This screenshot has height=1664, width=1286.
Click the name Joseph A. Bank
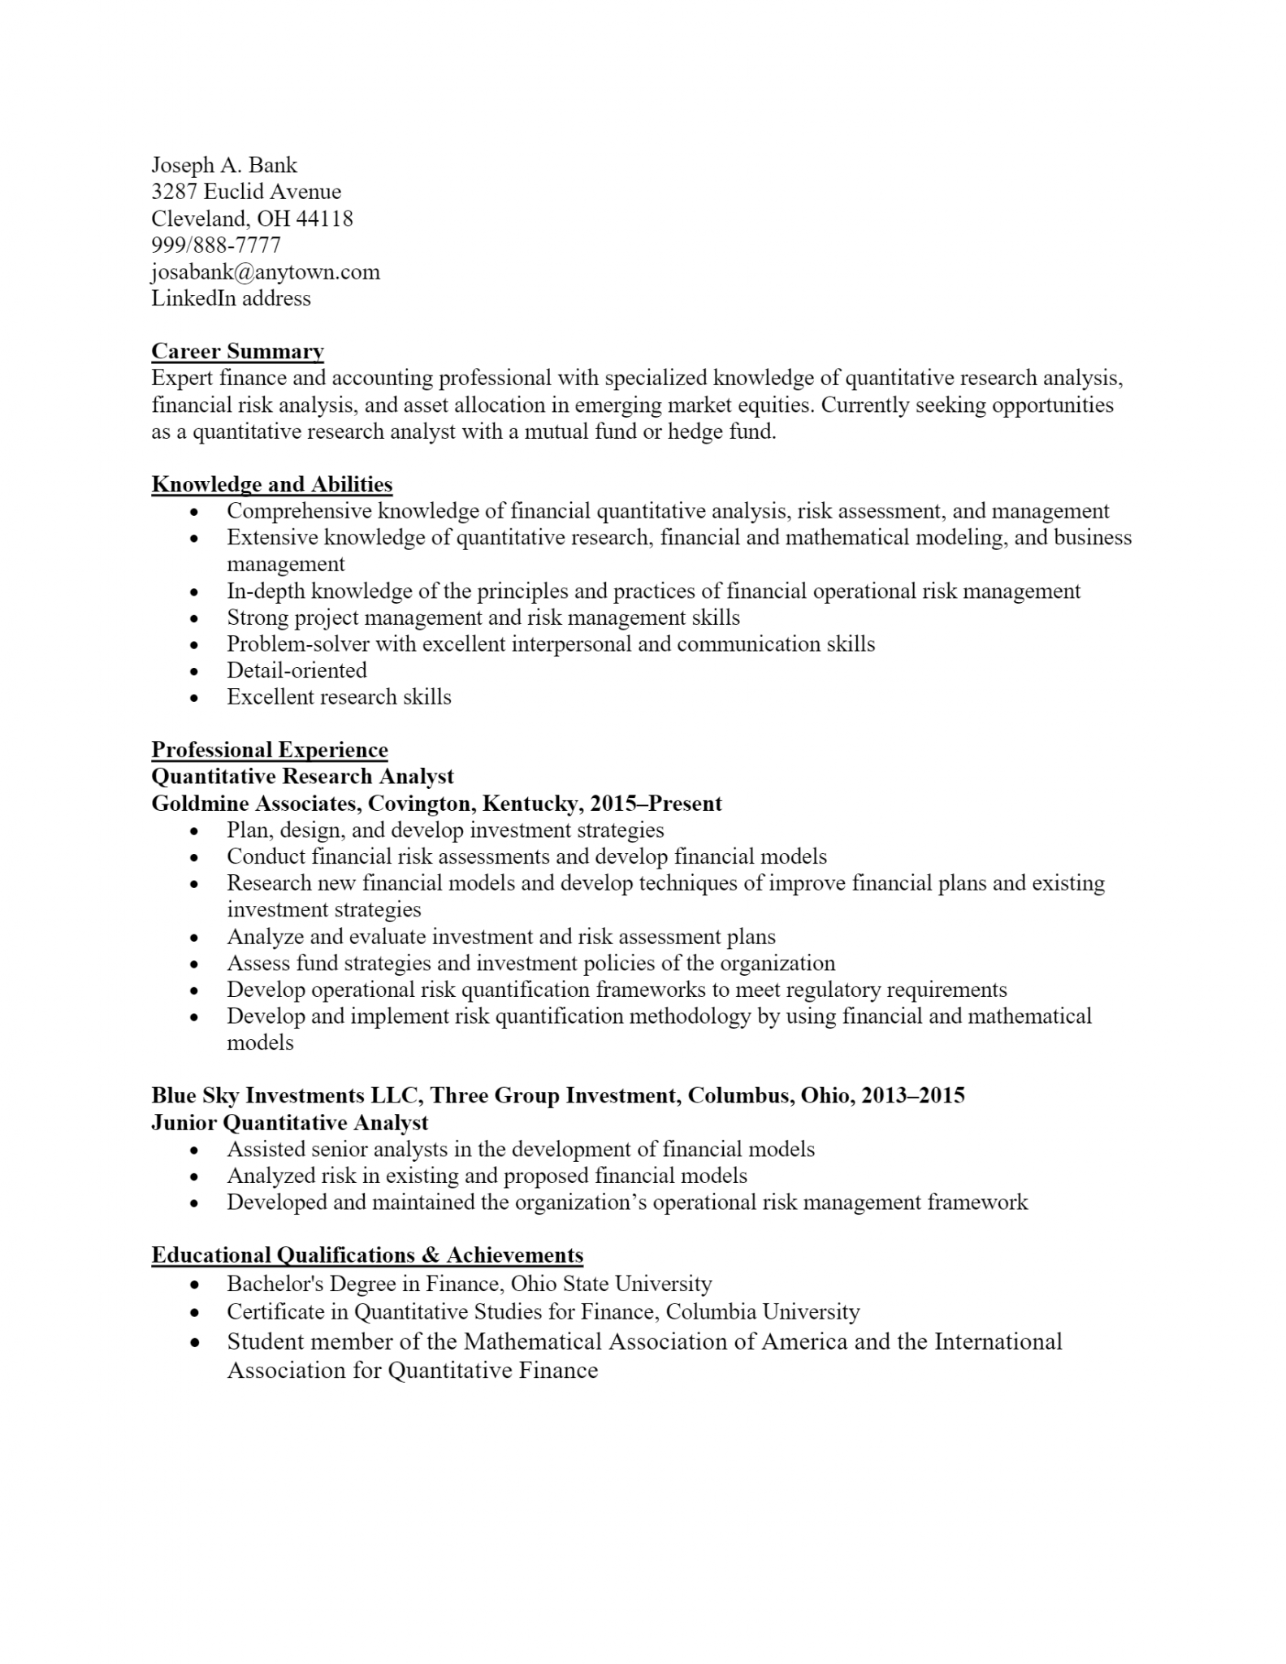[224, 166]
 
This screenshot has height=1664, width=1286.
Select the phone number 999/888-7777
[216, 245]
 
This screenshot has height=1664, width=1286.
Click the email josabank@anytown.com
[266, 271]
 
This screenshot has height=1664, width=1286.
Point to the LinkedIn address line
[231, 298]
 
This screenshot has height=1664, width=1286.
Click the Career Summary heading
[237, 351]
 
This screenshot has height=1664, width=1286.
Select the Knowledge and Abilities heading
[272, 484]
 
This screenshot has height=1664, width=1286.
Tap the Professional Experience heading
[270, 749]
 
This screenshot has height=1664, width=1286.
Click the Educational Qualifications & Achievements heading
[367, 1255]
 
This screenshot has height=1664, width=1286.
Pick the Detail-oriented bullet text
[297, 670]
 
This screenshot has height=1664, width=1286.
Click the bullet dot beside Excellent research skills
[193, 698]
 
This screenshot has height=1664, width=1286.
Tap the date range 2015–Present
[656, 804]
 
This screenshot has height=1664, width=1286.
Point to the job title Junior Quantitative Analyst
[290, 1123]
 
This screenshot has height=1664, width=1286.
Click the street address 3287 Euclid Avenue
[246, 192]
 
